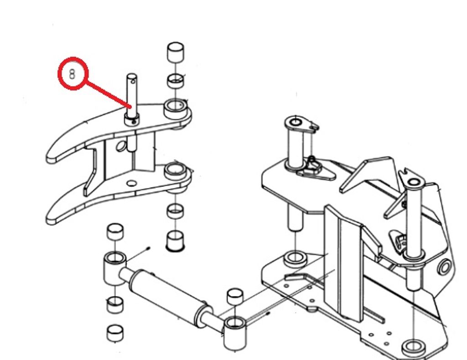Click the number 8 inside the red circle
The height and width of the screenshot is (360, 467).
73,74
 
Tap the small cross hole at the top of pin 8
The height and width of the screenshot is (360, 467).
133,81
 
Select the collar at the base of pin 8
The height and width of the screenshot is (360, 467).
131,120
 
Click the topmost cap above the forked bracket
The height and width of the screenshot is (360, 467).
176,52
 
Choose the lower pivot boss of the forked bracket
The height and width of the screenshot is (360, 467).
176,172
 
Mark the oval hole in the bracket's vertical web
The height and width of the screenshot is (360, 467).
120,146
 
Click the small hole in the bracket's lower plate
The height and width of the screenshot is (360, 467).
132,183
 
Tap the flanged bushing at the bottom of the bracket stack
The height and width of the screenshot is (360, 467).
176,241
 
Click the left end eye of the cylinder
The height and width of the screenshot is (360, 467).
114,268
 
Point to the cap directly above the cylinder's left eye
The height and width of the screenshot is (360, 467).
115,231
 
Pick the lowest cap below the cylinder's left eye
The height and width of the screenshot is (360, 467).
115,333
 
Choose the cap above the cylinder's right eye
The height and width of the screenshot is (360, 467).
235,297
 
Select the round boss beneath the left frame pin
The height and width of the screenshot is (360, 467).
295,259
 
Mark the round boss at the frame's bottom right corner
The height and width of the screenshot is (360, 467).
414,347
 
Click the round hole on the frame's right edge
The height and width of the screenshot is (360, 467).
444,266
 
